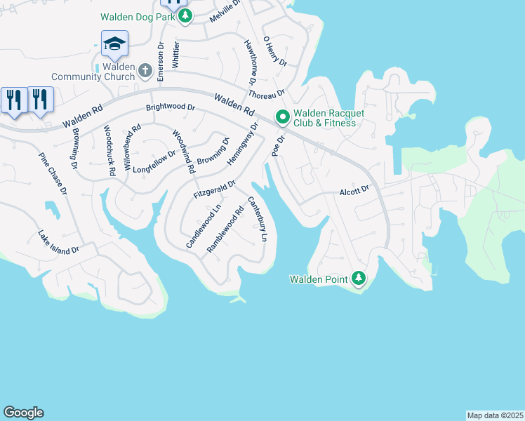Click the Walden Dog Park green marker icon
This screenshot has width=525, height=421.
click(185, 17)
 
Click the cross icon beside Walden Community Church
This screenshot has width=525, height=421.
click(145, 70)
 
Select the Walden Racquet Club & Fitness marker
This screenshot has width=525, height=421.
click(282, 116)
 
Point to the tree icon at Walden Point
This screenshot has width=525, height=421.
click(359, 279)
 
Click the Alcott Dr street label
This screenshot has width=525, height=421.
click(354, 190)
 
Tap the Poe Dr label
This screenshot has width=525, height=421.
click(277, 147)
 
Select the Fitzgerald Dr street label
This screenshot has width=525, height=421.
click(215, 188)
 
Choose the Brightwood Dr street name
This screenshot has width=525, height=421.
click(170, 108)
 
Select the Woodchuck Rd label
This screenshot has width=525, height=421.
click(109, 150)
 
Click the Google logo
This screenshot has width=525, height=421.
click(23, 413)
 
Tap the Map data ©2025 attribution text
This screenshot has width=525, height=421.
click(495, 415)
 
